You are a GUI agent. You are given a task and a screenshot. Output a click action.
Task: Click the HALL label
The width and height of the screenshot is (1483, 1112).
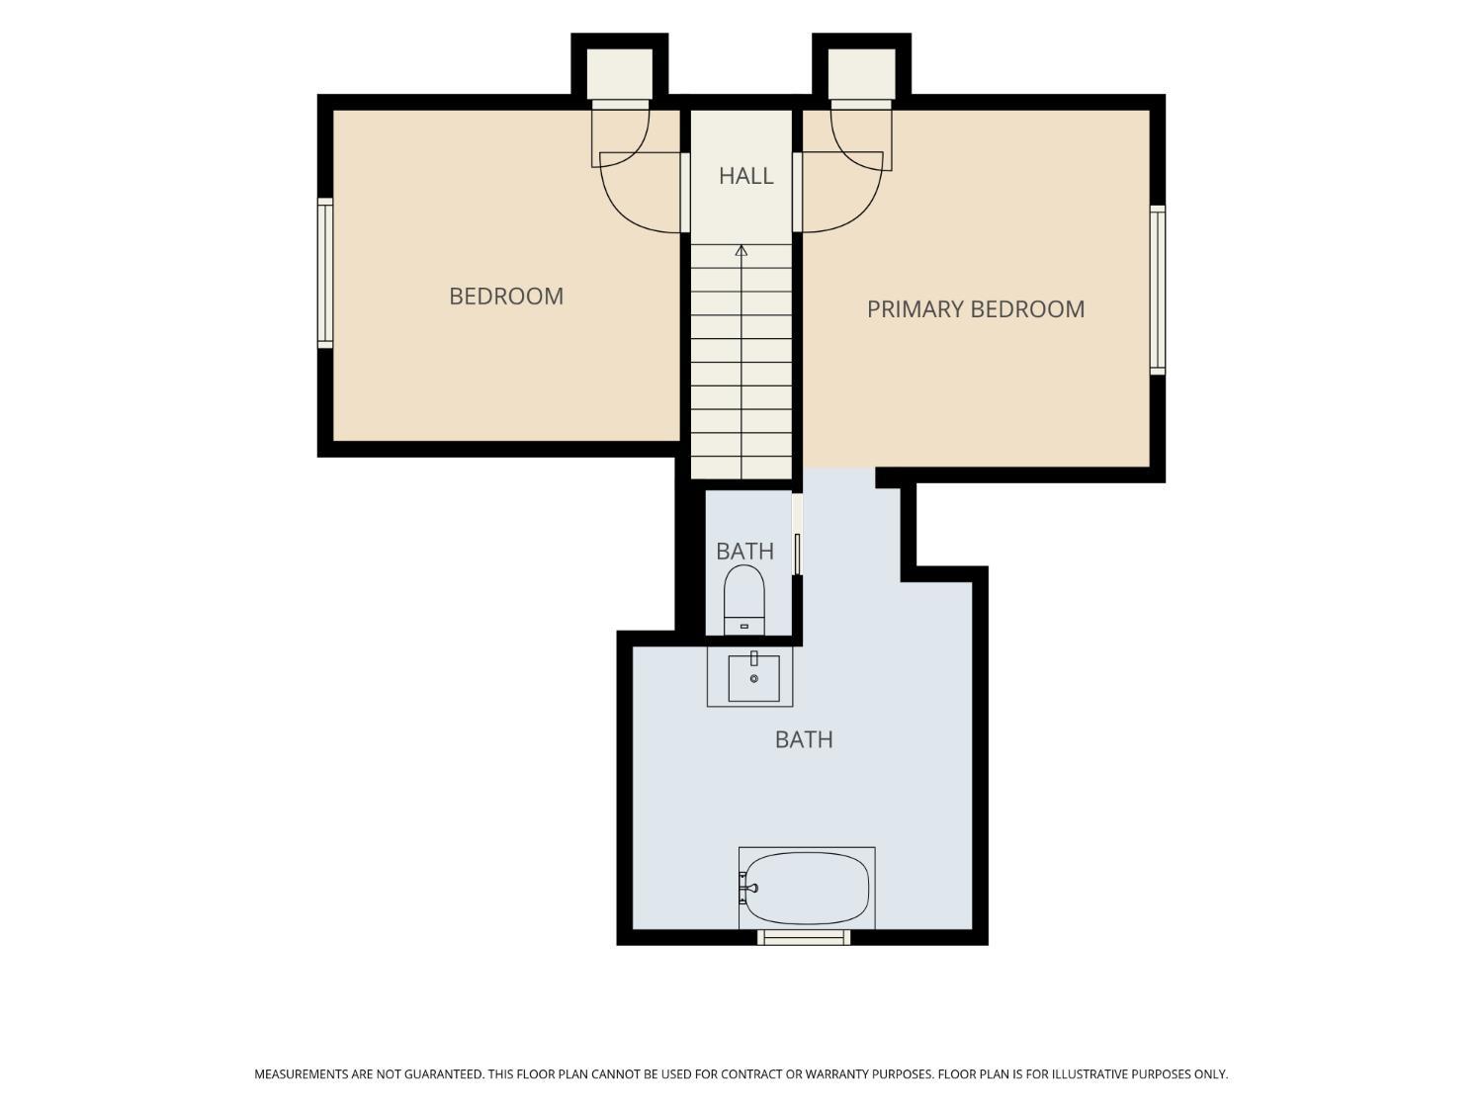(x=745, y=176)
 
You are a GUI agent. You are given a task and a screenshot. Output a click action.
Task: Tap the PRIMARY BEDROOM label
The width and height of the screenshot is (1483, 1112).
(x=975, y=309)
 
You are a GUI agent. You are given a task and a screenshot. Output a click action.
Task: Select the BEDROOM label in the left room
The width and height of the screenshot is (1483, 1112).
(x=506, y=297)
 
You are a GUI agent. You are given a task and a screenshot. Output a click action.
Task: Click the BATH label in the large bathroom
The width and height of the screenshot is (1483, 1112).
(x=804, y=740)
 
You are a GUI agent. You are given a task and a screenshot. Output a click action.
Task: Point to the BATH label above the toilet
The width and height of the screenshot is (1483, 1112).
(x=744, y=552)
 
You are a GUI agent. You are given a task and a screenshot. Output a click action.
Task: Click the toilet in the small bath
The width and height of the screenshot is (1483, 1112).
(x=743, y=600)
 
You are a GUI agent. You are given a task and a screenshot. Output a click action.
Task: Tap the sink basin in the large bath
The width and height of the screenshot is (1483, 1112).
(x=753, y=678)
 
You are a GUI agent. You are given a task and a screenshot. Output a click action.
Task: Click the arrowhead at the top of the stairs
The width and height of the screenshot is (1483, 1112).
(x=741, y=250)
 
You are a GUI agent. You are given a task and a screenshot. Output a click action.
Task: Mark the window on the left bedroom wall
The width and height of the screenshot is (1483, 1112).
(x=325, y=274)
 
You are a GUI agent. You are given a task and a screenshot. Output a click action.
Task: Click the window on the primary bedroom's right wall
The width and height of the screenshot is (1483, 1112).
(x=1158, y=290)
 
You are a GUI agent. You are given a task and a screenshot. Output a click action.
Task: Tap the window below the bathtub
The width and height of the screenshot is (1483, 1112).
(x=804, y=937)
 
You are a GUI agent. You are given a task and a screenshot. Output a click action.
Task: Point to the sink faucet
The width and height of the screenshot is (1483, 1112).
(x=754, y=659)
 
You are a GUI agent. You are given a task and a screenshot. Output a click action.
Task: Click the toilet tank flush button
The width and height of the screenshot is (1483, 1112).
(x=743, y=627)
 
